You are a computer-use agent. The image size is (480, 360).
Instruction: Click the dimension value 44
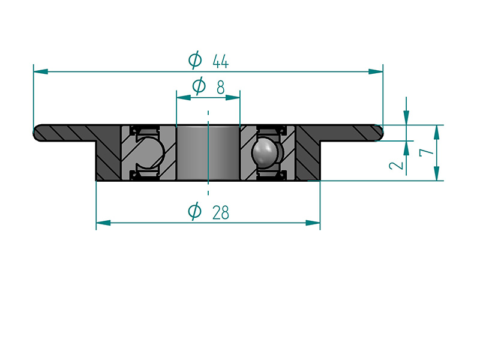point(220,62)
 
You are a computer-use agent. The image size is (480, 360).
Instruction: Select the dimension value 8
point(220,87)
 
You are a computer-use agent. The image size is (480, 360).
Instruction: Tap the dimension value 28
point(220,212)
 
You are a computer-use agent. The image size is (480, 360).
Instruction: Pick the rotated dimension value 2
point(396,166)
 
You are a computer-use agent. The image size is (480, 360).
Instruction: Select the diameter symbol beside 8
point(199,85)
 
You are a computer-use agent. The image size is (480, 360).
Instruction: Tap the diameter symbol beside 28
point(194,211)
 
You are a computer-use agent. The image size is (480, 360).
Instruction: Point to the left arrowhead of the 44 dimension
point(40,71)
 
